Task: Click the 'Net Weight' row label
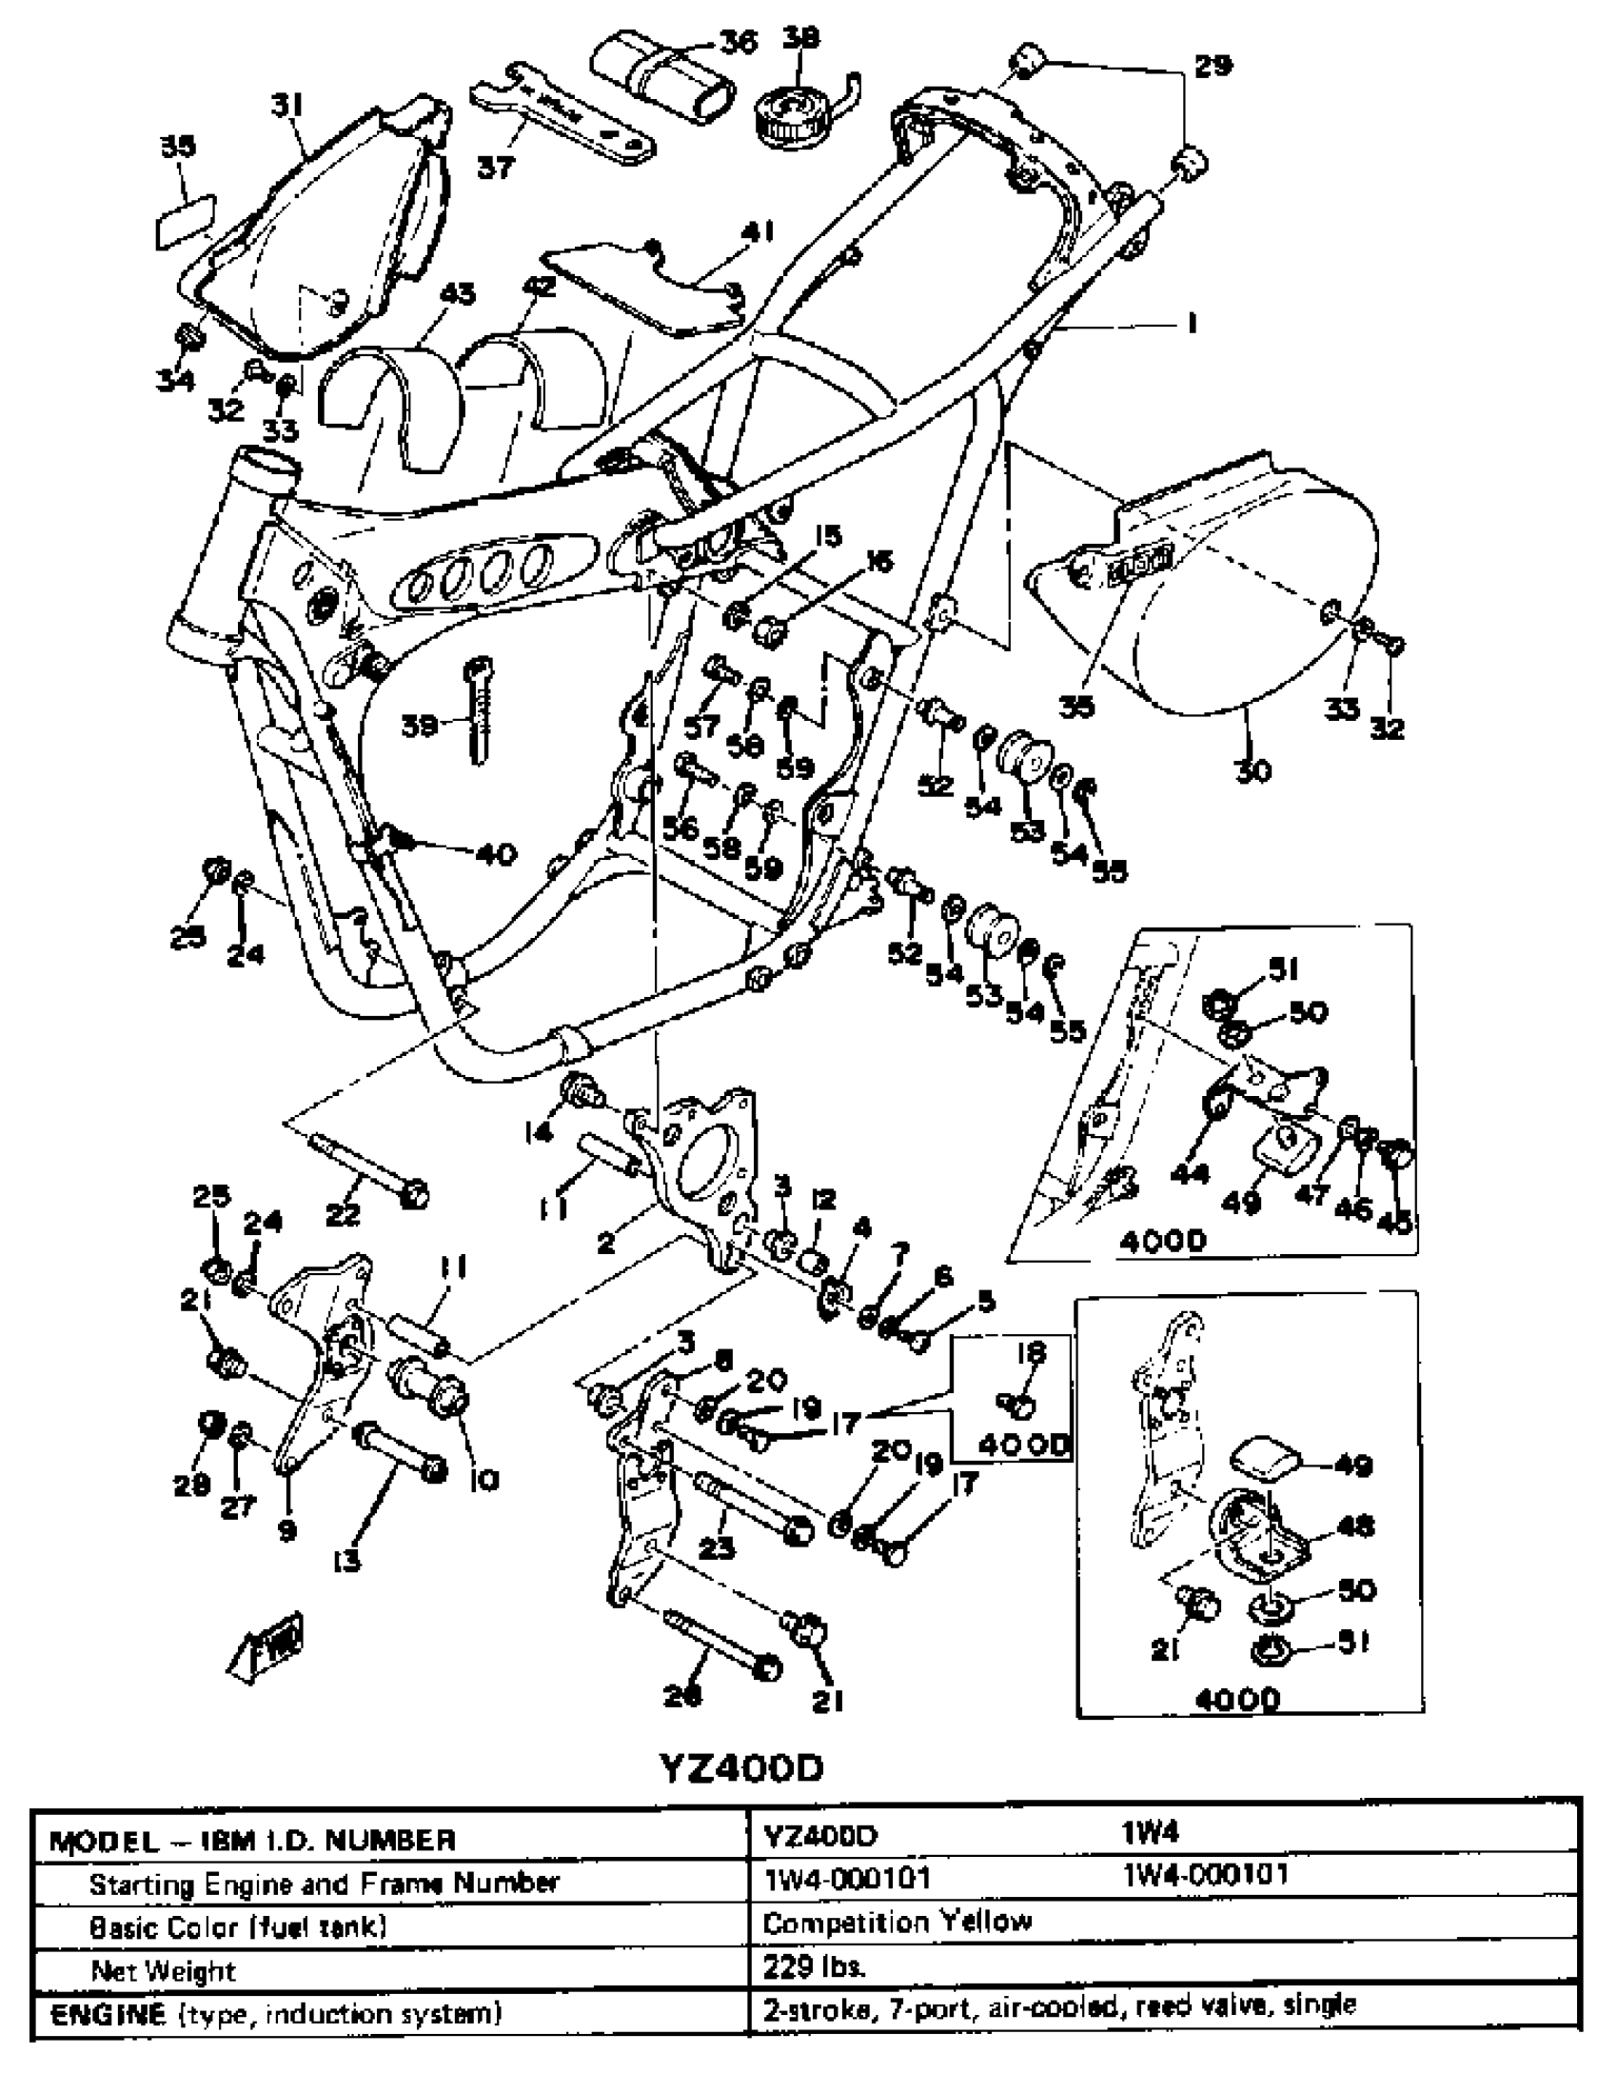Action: click(163, 1969)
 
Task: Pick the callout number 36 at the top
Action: click(738, 42)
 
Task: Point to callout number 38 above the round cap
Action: click(800, 39)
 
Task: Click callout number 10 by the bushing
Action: click(484, 1479)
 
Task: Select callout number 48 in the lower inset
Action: click(1355, 1526)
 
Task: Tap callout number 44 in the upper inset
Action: click(1189, 1173)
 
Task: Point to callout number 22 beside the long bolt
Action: click(343, 1213)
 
